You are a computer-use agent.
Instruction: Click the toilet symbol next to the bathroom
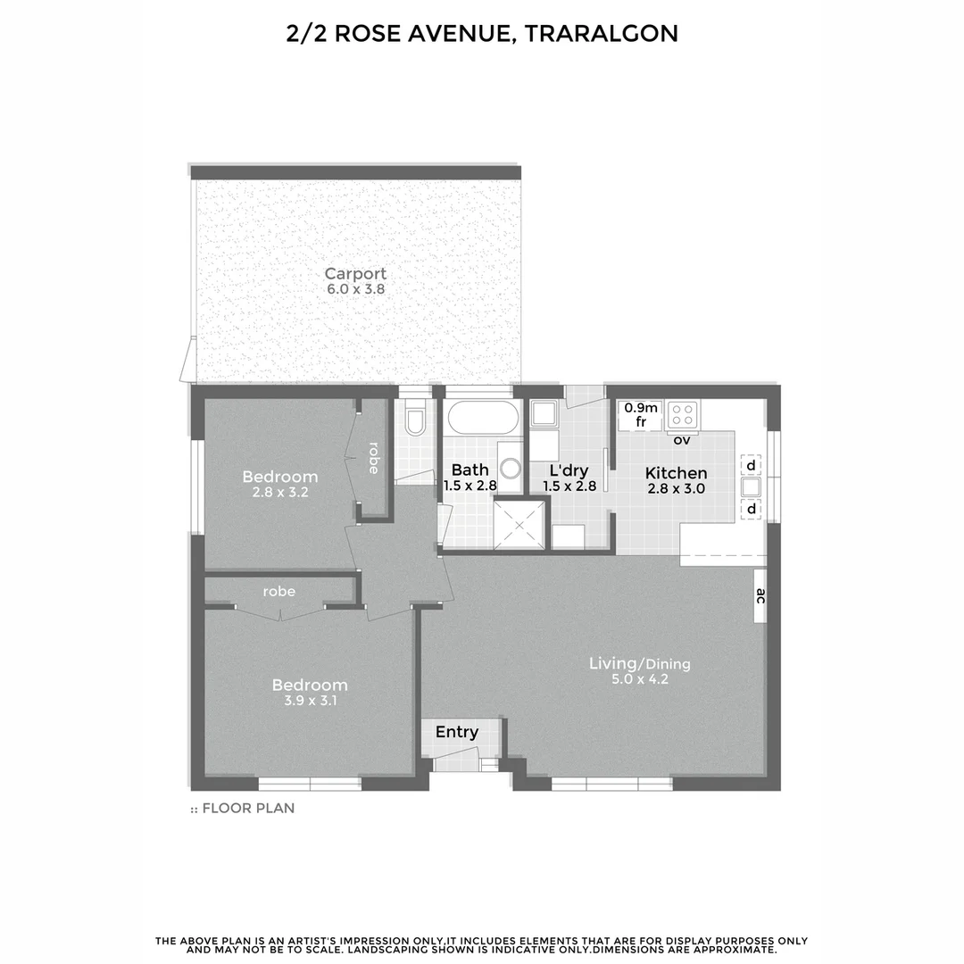tap(415, 419)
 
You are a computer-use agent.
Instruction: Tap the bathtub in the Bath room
tap(481, 418)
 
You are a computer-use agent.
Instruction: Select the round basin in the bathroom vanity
tap(511, 469)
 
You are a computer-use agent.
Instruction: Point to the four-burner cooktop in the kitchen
tap(683, 413)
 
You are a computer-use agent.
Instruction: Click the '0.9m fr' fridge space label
tap(641, 415)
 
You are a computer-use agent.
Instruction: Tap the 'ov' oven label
tap(682, 440)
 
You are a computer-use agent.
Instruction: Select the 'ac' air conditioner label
tap(760, 596)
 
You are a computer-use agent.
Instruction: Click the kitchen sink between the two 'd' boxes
tap(750, 487)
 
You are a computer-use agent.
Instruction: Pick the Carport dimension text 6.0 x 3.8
tap(355, 290)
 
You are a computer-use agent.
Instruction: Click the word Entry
tap(457, 733)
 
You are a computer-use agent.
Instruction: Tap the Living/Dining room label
tap(639, 664)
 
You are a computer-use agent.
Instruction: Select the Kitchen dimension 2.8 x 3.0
tap(676, 488)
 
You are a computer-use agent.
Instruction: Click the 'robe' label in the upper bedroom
tap(373, 458)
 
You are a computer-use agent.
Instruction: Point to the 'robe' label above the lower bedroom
tap(279, 591)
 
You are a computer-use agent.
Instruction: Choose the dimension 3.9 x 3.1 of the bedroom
tap(310, 702)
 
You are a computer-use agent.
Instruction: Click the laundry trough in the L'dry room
tap(543, 414)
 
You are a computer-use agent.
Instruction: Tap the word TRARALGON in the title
tap(601, 34)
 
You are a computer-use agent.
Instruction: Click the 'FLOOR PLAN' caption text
tap(248, 809)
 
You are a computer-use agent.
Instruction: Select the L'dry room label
tap(568, 470)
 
